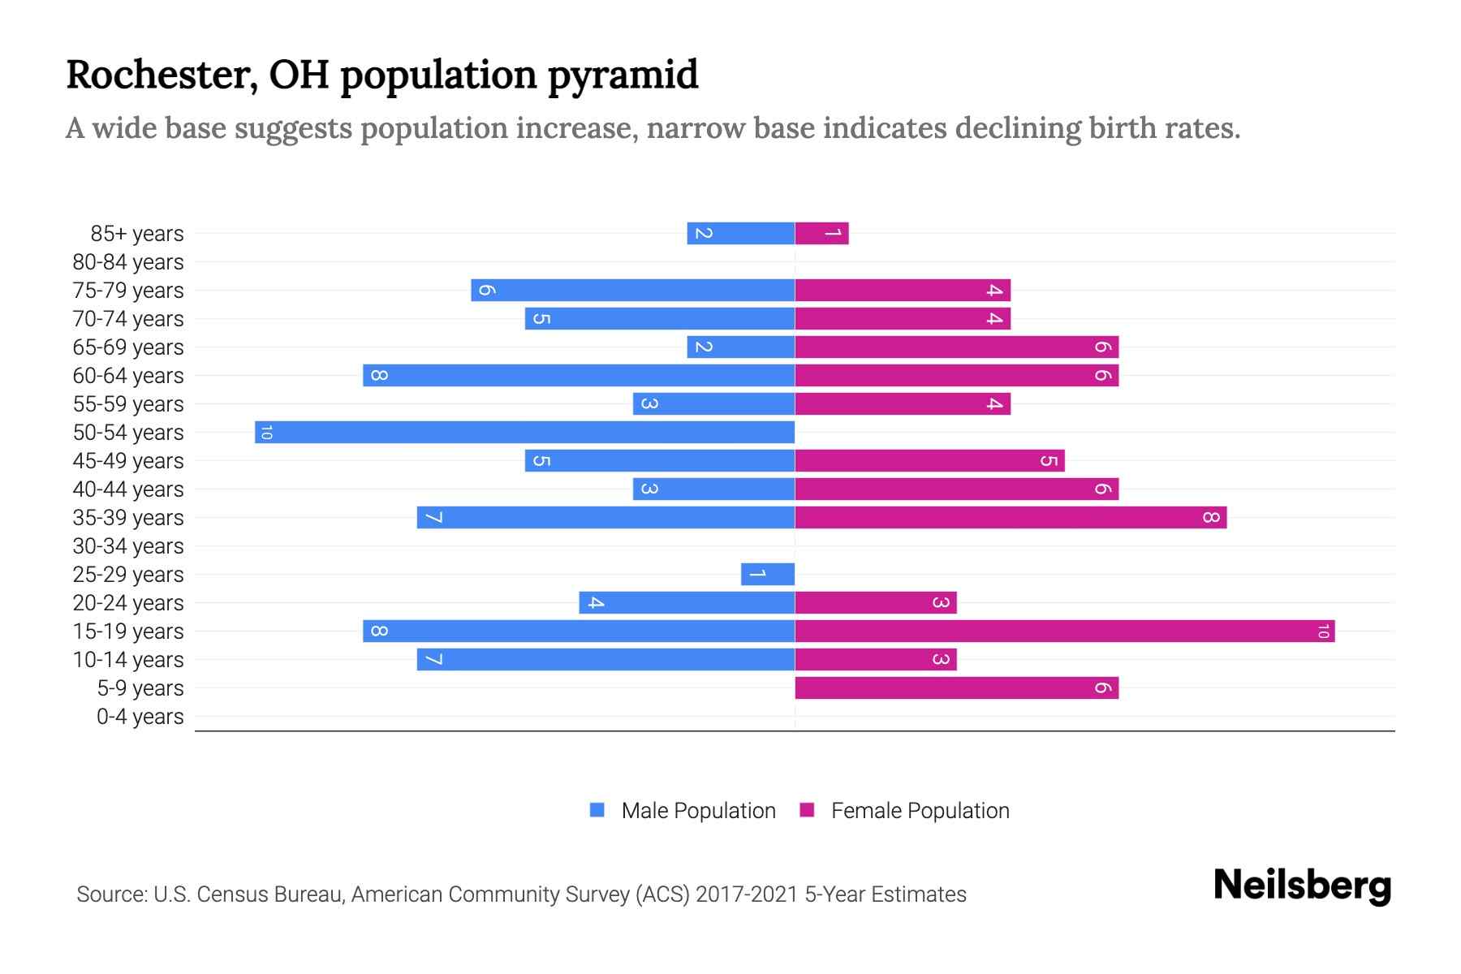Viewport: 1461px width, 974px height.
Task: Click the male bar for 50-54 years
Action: pos(524,432)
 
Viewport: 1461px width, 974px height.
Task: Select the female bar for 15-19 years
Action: pos(1064,631)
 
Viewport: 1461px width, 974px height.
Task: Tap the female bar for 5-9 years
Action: pos(956,687)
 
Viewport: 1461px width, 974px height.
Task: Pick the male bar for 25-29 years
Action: pos(767,574)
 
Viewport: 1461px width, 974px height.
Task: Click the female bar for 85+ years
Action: pos(821,233)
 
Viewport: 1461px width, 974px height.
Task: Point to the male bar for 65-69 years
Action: pos(740,347)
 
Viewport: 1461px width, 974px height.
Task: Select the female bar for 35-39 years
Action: pos(1011,517)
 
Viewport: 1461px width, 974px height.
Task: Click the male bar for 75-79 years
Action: pos(632,290)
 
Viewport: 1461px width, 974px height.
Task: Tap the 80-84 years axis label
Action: pos(128,262)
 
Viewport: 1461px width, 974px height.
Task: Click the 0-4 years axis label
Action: pos(140,717)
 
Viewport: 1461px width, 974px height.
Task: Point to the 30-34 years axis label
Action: pos(128,546)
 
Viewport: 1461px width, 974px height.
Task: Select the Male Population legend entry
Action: pos(683,810)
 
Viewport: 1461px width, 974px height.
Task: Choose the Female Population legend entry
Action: pos(905,810)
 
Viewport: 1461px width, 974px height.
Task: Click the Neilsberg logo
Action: pos(1302,885)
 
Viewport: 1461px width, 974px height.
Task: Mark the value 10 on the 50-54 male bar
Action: pos(265,432)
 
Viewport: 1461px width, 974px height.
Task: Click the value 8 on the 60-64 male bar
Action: pos(378,375)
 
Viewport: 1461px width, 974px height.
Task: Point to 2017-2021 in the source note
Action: pos(747,894)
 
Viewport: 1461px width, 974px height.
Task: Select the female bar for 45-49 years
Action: pos(929,460)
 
